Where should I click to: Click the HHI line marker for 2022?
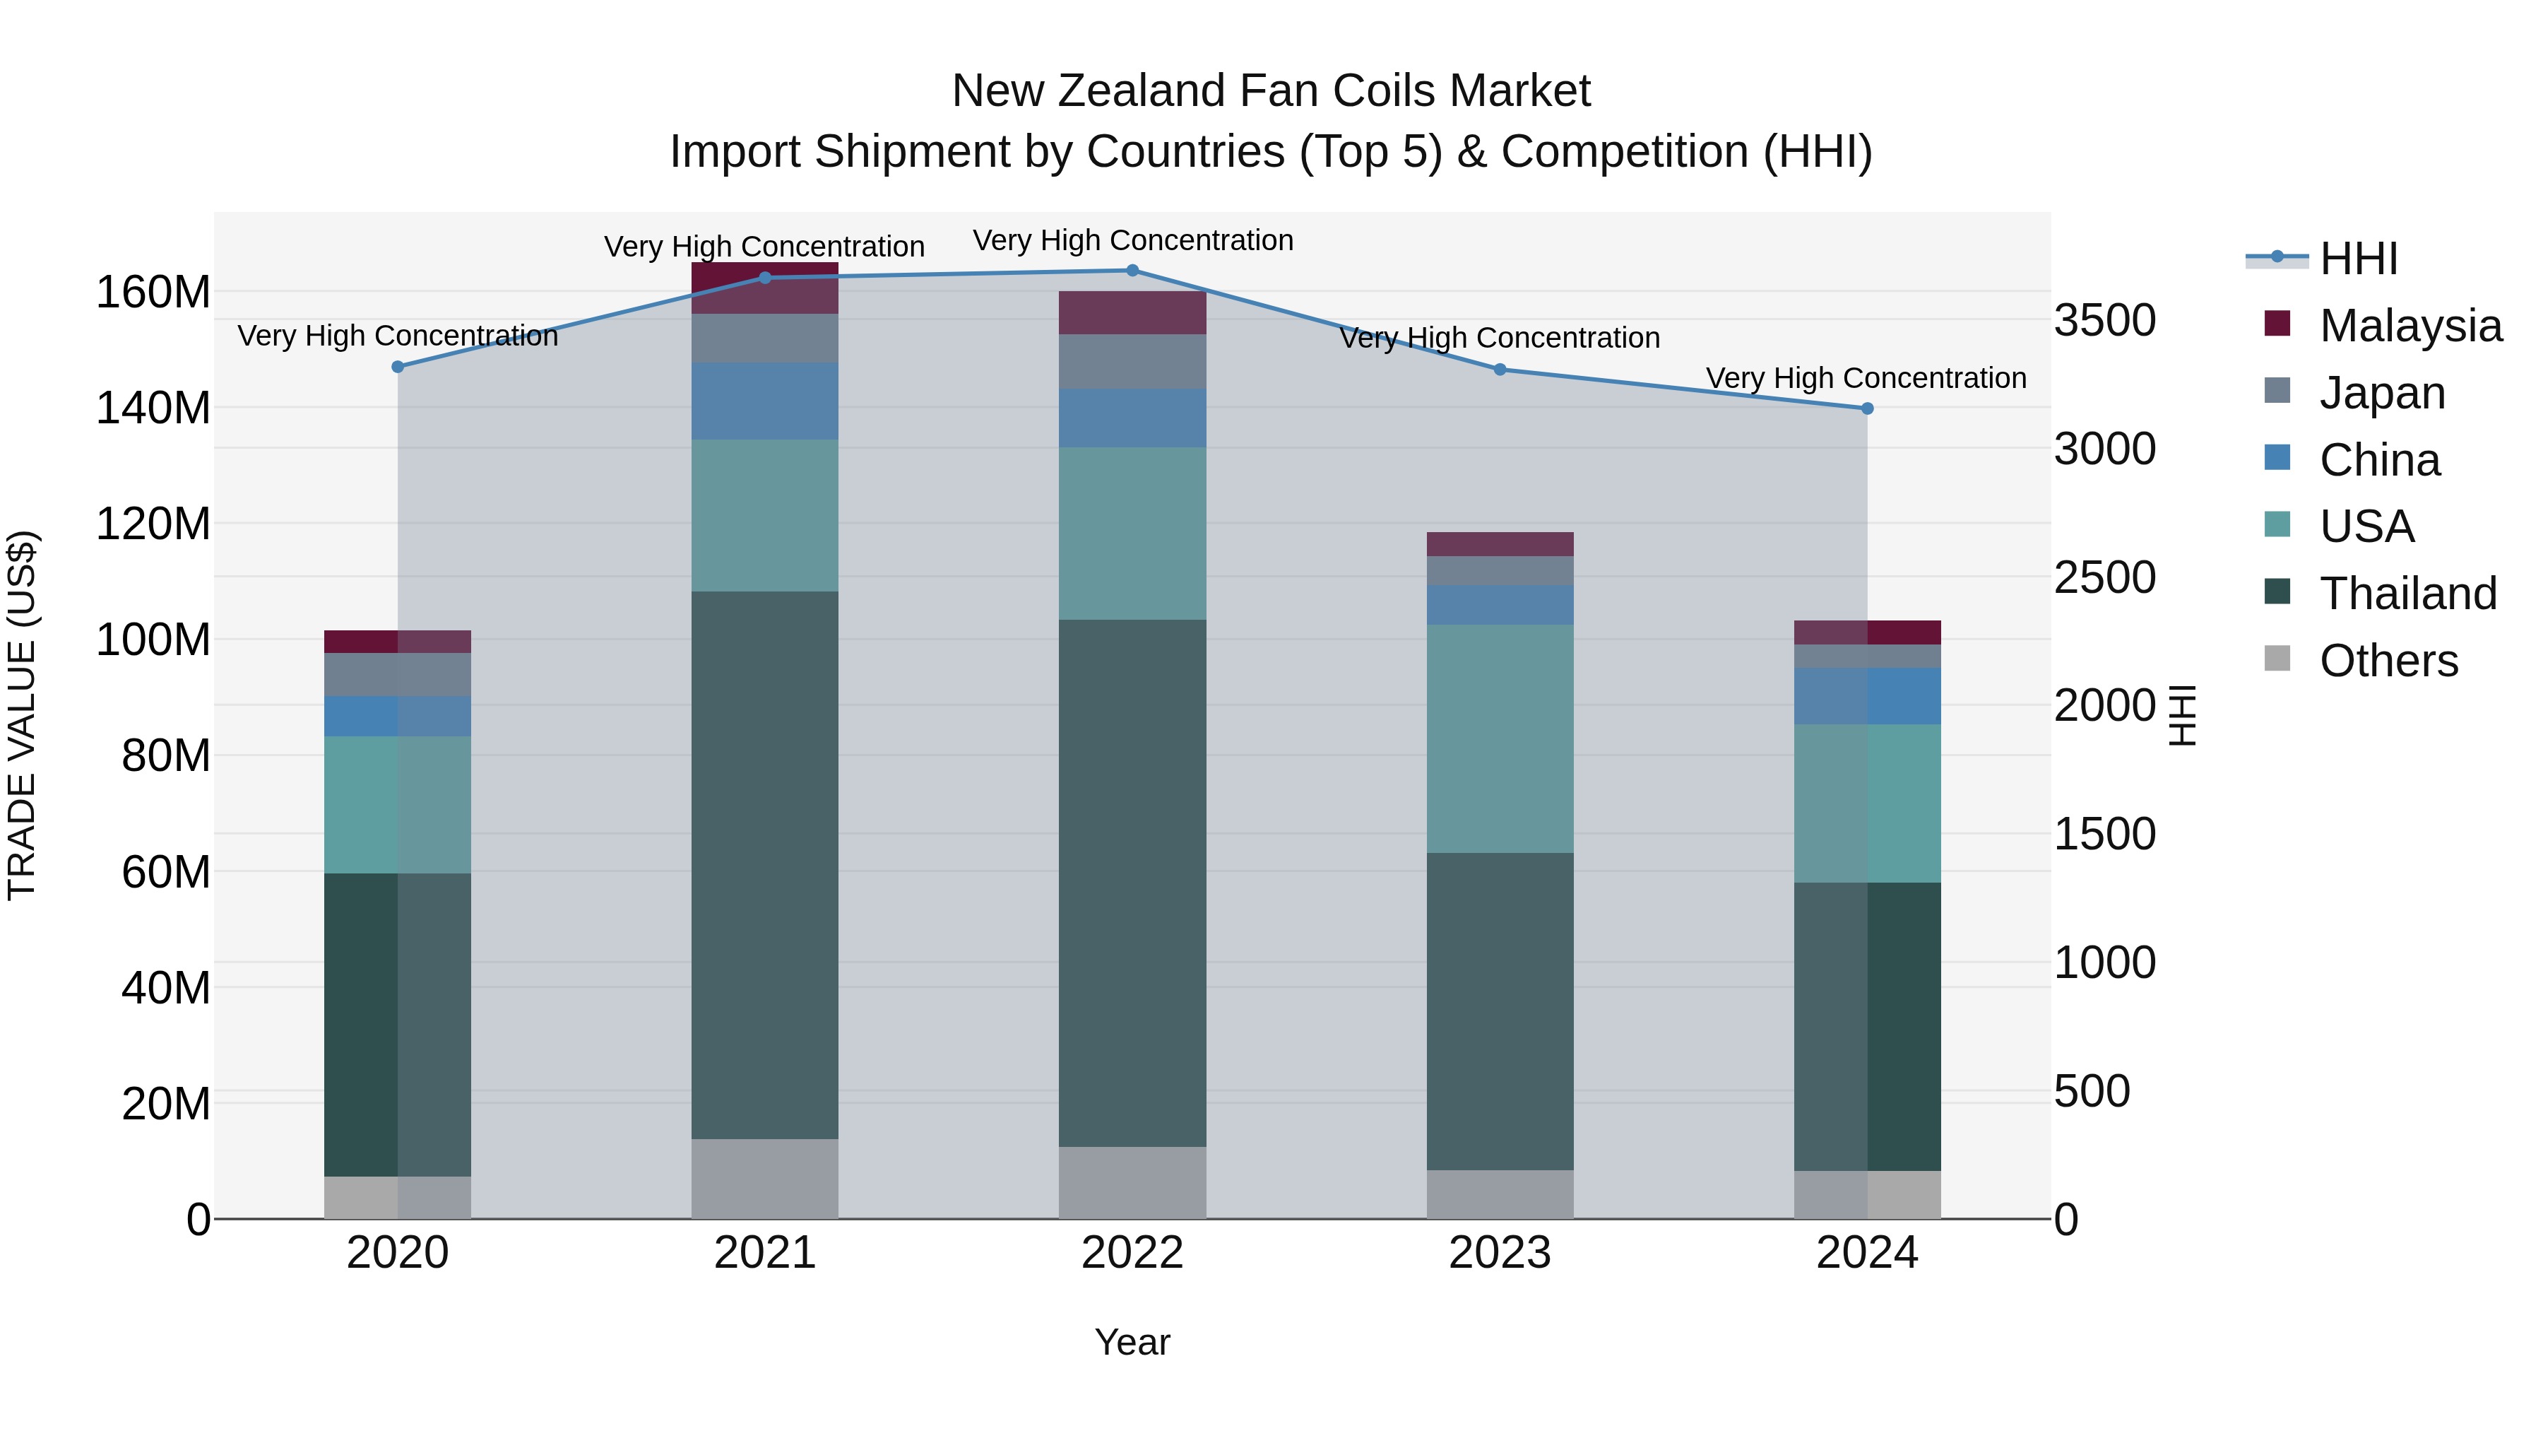(x=1132, y=271)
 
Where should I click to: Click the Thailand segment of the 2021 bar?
(x=765, y=865)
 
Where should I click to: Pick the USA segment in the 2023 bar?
(x=1500, y=738)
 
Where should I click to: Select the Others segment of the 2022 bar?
(x=1132, y=1182)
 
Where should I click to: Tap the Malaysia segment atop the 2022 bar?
(x=1132, y=313)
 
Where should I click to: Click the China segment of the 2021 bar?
(x=765, y=401)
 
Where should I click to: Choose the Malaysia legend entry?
(x=2409, y=326)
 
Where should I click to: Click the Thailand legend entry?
(x=2408, y=594)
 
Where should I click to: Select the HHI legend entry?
(x=2359, y=259)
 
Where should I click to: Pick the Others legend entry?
(x=2388, y=661)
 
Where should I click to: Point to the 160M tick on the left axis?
(x=153, y=293)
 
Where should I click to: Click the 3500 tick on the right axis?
(x=2105, y=321)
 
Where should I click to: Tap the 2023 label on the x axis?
(x=1500, y=1253)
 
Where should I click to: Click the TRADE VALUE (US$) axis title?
(x=22, y=715)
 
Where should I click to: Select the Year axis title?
(x=1132, y=1342)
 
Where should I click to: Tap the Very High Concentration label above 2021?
(x=764, y=247)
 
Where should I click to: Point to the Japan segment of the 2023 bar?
(x=1500, y=571)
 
